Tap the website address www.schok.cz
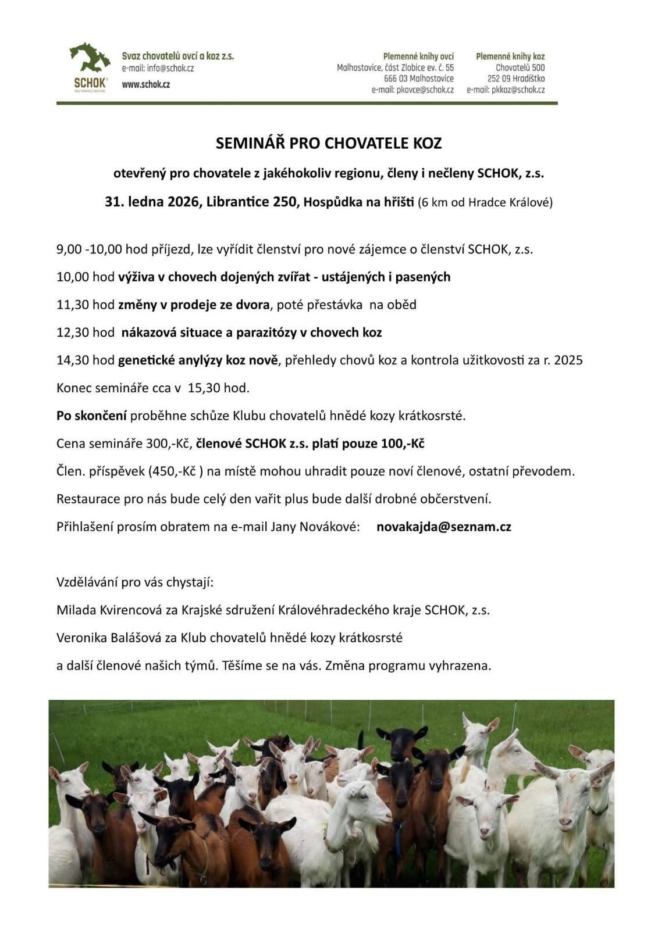point(145,85)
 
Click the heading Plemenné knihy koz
point(510,56)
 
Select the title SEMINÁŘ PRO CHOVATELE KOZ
point(329,143)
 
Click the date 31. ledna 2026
point(152,202)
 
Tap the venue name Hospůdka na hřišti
point(359,202)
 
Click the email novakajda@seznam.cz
point(444,527)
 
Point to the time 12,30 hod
point(86,332)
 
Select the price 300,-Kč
point(169,443)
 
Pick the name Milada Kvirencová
point(108,610)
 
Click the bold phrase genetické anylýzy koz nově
point(198,360)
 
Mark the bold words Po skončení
point(91,416)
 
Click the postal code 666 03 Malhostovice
point(418,79)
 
